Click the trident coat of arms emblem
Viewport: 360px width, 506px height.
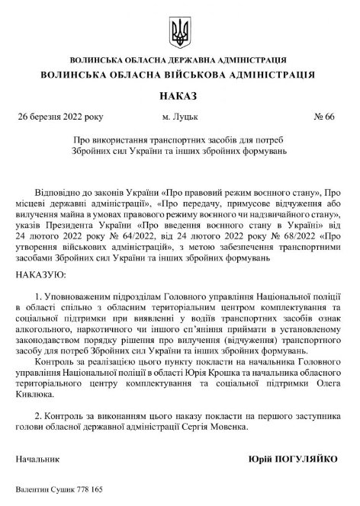pos(181,31)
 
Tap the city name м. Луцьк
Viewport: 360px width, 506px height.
pos(178,117)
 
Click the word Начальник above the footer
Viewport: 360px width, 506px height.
pos(37,461)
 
